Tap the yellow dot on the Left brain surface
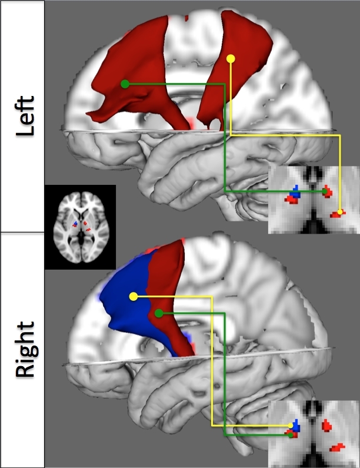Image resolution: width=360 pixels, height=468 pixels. click(x=231, y=58)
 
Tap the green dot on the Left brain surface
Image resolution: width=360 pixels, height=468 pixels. click(x=125, y=84)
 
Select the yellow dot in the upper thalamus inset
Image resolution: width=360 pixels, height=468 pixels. click(x=340, y=212)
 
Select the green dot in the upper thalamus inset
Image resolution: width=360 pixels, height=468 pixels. click(x=326, y=191)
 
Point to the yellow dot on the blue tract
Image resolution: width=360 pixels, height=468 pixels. click(x=134, y=296)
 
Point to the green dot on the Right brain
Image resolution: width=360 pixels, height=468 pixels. click(x=158, y=314)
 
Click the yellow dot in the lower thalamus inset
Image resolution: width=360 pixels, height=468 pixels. click(x=292, y=425)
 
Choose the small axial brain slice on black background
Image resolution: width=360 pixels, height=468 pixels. click(x=80, y=227)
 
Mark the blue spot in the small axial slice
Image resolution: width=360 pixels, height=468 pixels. click(x=75, y=224)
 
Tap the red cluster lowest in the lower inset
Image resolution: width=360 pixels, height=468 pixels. click(x=337, y=447)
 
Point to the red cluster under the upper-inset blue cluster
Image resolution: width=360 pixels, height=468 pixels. click(x=291, y=200)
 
